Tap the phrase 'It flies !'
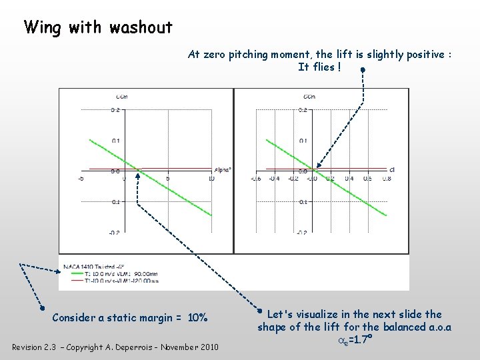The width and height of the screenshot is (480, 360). coord(319,67)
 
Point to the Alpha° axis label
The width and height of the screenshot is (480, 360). coord(223,170)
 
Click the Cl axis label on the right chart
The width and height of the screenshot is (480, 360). coord(392,170)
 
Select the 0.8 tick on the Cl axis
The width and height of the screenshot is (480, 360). coord(387,179)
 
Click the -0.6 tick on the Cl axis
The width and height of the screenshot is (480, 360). coord(255,179)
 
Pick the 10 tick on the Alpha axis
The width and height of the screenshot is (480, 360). coord(211,179)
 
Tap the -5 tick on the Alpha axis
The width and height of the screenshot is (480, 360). coord(81,179)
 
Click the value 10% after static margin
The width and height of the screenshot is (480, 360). coord(198,317)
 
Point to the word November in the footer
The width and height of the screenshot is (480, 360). coord(178,347)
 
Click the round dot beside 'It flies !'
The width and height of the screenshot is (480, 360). coord(361,69)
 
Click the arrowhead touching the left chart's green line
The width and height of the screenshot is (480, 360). coord(137,175)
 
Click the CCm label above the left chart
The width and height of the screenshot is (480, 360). coord(122,97)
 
